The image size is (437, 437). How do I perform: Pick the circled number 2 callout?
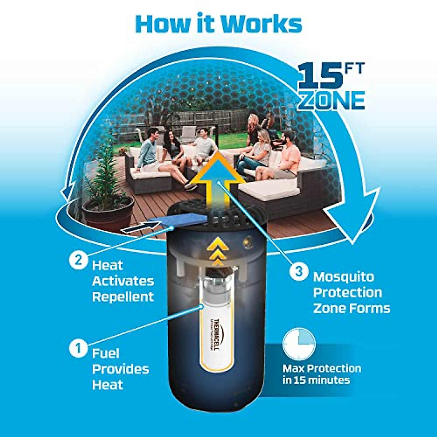click(78, 260)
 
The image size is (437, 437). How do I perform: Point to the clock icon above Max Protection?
click(299, 343)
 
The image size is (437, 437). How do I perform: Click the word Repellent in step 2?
click(123, 297)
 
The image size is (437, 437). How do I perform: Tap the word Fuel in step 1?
click(106, 353)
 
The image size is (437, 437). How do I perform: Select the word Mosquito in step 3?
click(343, 277)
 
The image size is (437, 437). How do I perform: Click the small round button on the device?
click(249, 241)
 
